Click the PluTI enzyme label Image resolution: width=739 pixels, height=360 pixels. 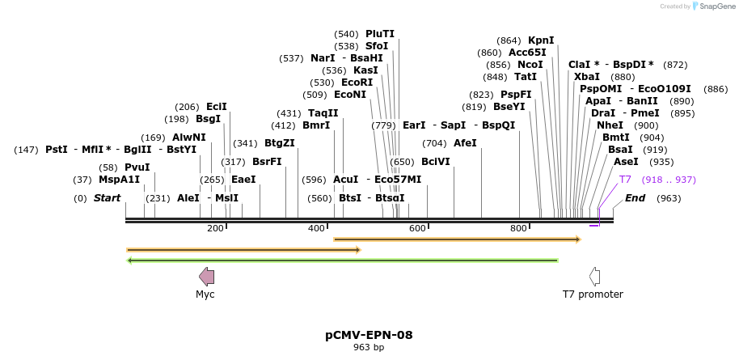pyautogui.click(x=379, y=34)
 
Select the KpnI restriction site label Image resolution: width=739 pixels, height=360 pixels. pyautogui.click(x=541, y=40)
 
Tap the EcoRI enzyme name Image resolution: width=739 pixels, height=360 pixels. pyautogui.click(x=357, y=83)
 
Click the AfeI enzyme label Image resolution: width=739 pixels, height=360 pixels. pyautogui.click(x=465, y=143)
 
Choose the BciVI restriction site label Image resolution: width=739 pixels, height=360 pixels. pyautogui.click(x=436, y=162)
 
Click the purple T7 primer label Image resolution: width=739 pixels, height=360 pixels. pyautogui.click(x=625, y=180)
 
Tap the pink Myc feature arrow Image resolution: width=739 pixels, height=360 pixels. pyautogui.click(x=206, y=277)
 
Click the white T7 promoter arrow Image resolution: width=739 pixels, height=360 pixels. pyautogui.click(x=594, y=277)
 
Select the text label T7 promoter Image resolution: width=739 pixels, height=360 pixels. pyautogui.click(x=593, y=294)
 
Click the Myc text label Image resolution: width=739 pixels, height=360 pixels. pyautogui.click(x=205, y=294)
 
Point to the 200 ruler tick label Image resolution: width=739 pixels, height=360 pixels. pyautogui.click(x=215, y=229)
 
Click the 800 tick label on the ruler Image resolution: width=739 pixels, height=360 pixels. pyautogui.click(x=519, y=229)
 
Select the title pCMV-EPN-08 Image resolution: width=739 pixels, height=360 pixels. pyautogui.click(x=369, y=334)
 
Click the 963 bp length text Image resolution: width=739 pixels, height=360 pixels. pyautogui.click(x=369, y=348)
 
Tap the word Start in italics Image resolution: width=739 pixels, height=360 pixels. pyautogui.click(x=107, y=198)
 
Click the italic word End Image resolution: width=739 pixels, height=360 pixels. pyautogui.click(x=635, y=198)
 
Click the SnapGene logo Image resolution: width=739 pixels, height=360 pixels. pyautogui.click(x=712, y=6)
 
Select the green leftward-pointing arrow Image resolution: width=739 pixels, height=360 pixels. pyautogui.click(x=343, y=260)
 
